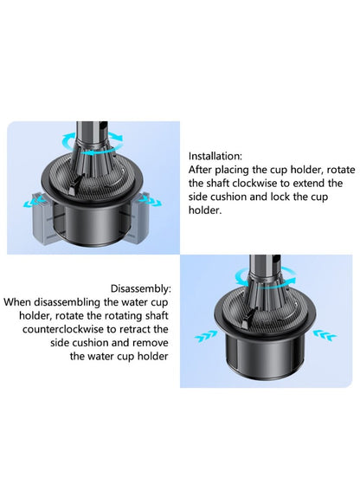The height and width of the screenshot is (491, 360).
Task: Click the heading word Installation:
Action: [x=215, y=156]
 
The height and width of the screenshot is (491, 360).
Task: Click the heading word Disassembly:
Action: [x=141, y=288]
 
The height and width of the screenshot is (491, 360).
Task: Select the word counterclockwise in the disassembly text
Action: [x=62, y=329]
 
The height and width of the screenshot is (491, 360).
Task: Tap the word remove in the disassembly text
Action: [x=151, y=343]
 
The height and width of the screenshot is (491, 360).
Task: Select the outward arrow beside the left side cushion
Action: [x=32, y=203]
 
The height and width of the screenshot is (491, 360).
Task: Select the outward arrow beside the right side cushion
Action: [x=151, y=201]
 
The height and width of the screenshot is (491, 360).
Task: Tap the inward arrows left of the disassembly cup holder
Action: [x=206, y=336]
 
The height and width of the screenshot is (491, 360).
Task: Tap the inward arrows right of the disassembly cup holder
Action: [x=325, y=335]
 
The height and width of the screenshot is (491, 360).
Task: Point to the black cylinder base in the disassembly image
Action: [x=266, y=355]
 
